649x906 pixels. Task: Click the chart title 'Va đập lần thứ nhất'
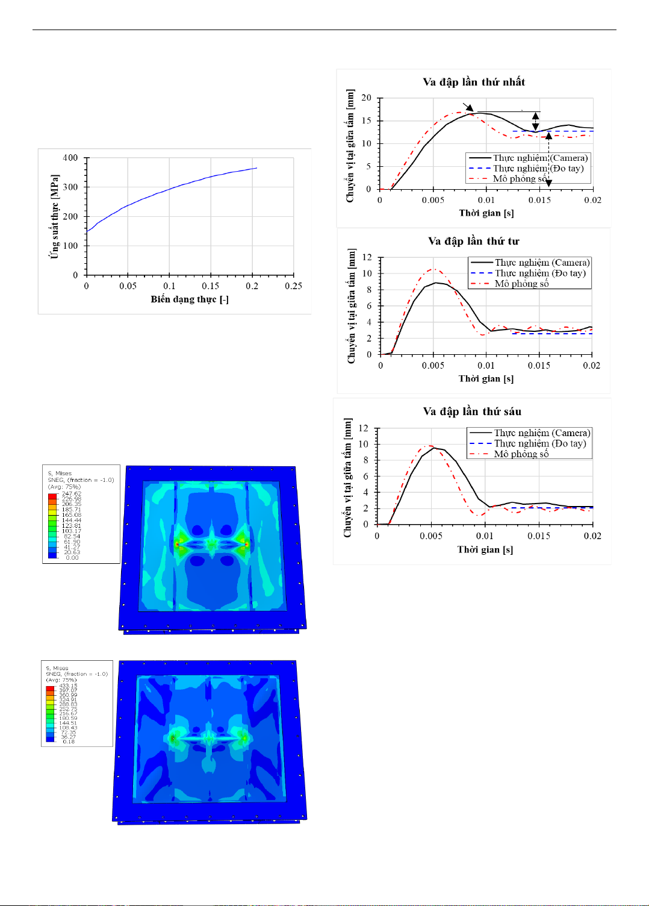tap(473, 82)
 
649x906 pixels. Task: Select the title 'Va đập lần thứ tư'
tap(473, 241)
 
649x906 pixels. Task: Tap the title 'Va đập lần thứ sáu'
tap(472, 411)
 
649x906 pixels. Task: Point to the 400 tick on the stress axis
tap(70, 158)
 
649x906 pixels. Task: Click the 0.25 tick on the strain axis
tap(293, 286)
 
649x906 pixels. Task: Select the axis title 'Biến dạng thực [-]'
tap(190, 299)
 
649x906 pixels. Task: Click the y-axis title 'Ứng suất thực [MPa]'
tap(55, 217)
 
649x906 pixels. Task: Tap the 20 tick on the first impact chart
tap(366, 98)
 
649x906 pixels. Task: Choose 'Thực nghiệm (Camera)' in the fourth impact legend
tap(542, 263)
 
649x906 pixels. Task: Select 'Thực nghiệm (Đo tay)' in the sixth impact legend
tap(539, 443)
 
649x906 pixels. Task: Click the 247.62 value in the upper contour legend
tap(72, 494)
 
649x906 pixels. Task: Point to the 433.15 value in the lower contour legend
tap(68, 686)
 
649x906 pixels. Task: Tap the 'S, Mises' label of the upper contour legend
tap(60, 473)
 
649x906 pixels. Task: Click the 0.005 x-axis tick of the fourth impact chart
tap(433, 365)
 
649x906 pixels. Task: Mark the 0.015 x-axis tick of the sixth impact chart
tap(538, 536)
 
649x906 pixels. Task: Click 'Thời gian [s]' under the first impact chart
tap(486, 213)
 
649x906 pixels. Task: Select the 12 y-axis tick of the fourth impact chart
tap(367, 257)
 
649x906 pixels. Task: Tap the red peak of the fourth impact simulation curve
tap(433, 269)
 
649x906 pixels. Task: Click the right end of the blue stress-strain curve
tap(257, 168)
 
